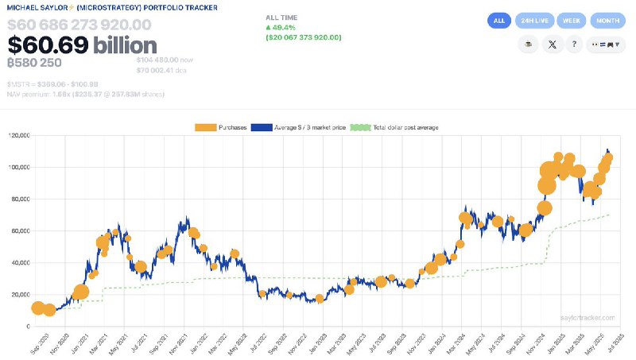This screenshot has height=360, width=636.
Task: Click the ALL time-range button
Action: click(499, 21)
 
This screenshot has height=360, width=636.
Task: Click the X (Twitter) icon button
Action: click(552, 46)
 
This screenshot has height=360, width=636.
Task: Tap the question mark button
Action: click(576, 46)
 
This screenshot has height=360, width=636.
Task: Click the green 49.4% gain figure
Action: click(285, 27)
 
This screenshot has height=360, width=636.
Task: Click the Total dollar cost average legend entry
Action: click(395, 126)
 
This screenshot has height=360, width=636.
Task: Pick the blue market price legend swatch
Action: click(261, 126)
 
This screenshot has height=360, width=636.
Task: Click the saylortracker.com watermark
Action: click(588, 317)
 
